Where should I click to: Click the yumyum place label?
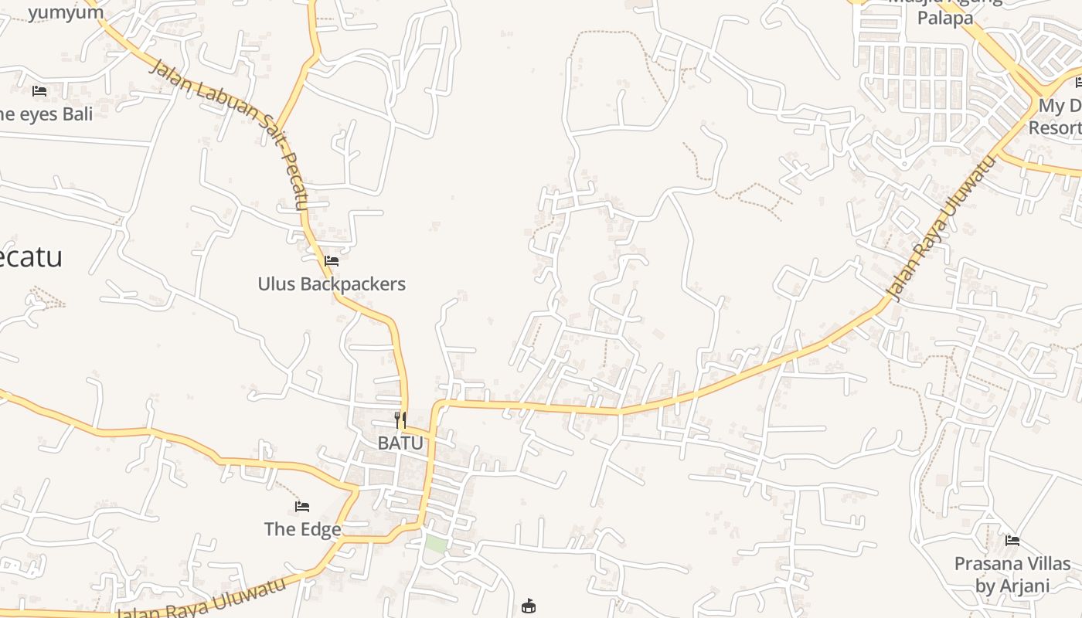(66, 12)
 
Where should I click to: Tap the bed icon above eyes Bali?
(39, 91)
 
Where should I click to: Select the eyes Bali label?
(46, 114)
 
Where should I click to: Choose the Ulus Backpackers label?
(332, 284)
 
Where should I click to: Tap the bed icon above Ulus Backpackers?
(332, 261)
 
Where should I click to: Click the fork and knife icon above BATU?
(400, 420)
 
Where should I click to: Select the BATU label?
(400, 443)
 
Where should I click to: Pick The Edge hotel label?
(302, 529)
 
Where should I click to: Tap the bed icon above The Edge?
(302, 507)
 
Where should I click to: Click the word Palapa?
(944, 18)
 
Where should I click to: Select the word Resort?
(1054, 128)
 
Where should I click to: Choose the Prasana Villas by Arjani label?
(1012, 575)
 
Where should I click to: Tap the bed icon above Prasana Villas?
(1012, 541)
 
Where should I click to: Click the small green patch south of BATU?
(436, 544)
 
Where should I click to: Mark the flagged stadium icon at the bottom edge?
(529, 606)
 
